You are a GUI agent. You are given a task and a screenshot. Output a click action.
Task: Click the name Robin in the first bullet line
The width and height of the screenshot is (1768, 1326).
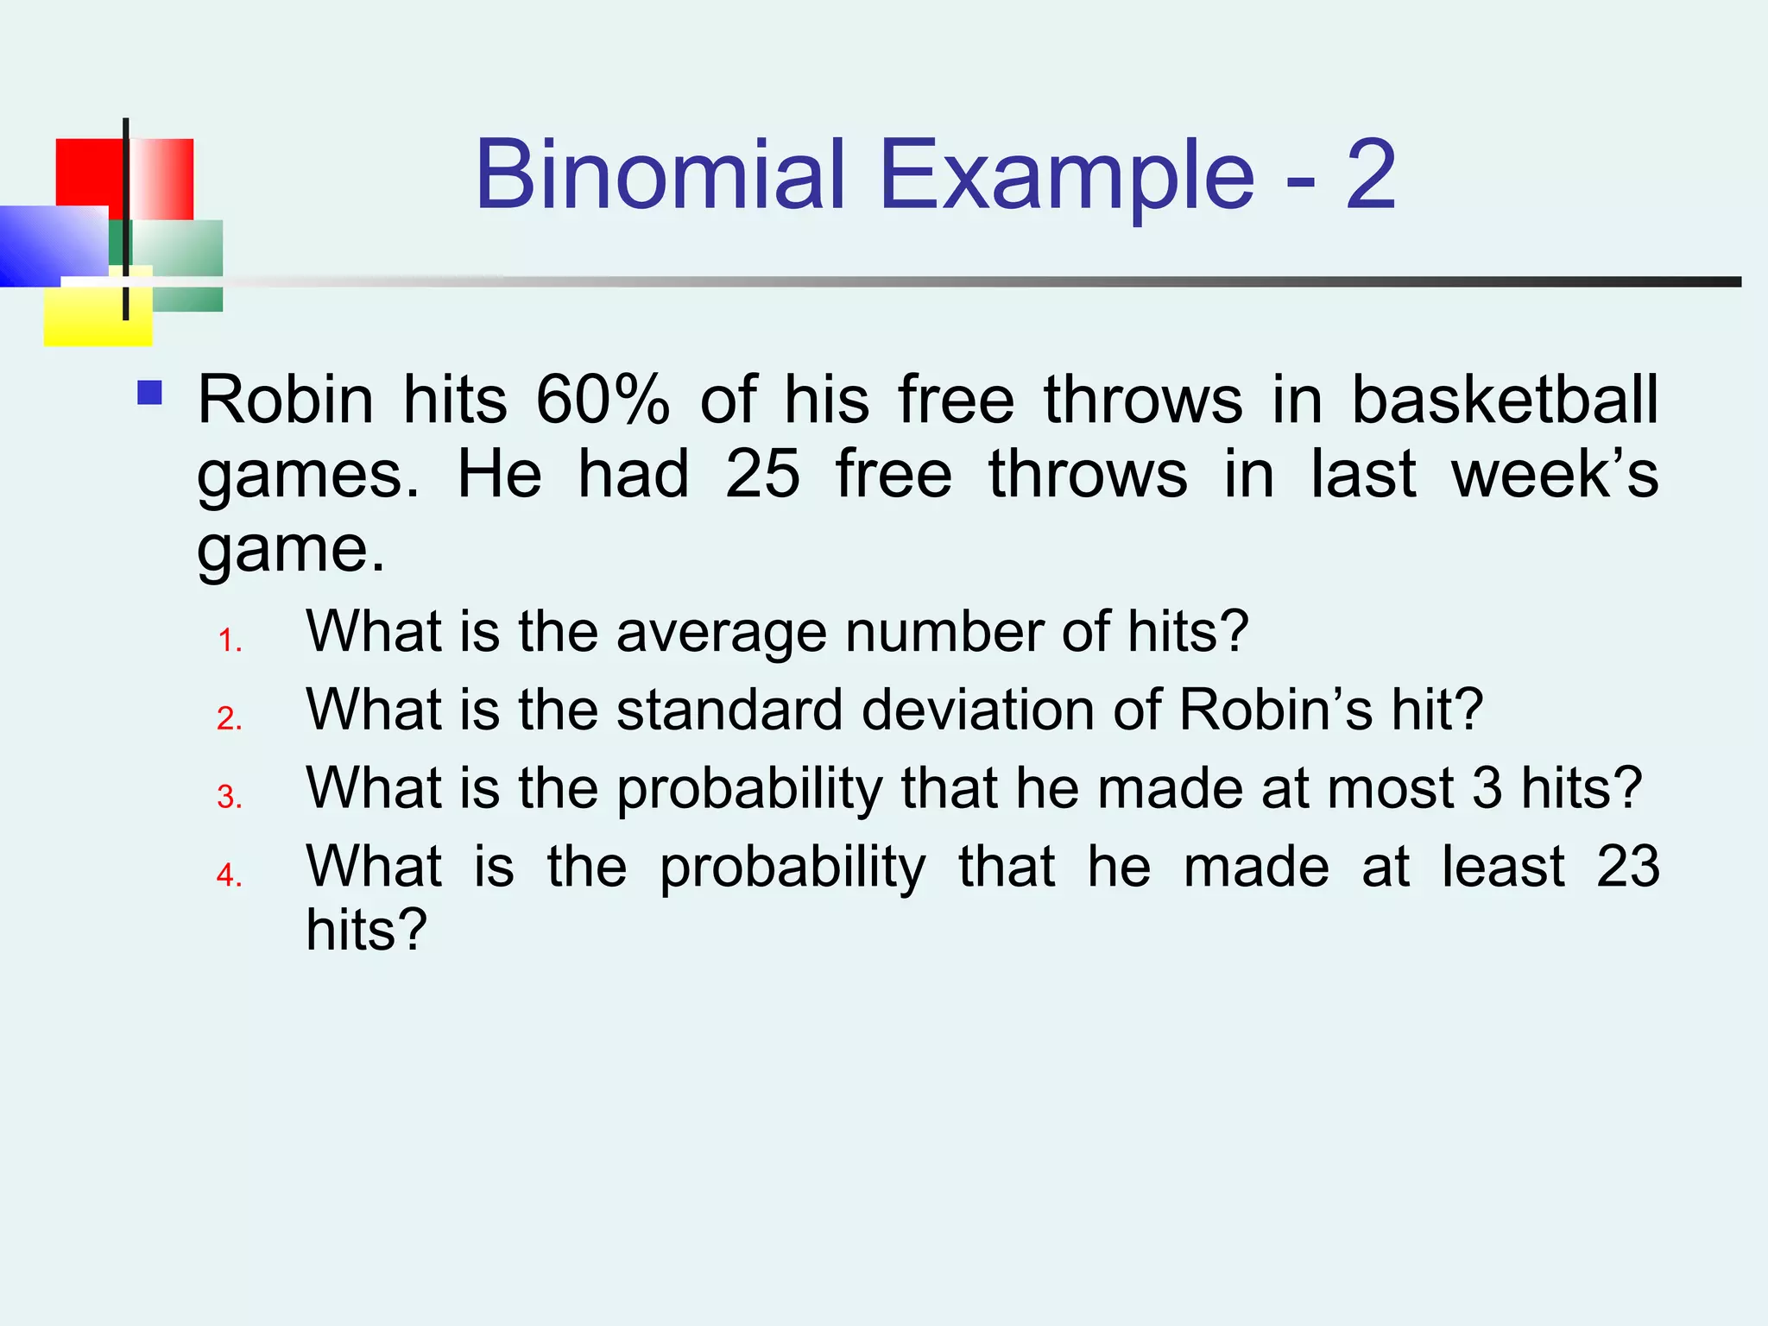point(286,400)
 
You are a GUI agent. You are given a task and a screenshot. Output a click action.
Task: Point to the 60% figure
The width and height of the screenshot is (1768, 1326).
point(603,400)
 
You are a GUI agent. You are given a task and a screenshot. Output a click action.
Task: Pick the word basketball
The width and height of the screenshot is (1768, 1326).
point(1504,400)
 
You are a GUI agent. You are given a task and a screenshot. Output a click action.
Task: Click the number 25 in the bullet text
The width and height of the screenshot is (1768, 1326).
point(762,474)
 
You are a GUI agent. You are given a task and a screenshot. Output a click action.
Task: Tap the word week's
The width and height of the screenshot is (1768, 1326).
point(1554,474)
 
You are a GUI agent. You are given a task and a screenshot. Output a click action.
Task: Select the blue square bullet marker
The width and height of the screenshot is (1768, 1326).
point(150,394)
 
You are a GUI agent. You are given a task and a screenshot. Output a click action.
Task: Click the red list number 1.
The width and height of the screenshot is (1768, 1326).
point(229,641)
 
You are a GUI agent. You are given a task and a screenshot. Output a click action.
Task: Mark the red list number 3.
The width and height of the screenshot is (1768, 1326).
point(229,797)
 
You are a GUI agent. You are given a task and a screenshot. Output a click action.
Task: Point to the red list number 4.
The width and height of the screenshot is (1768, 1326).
point(229,875)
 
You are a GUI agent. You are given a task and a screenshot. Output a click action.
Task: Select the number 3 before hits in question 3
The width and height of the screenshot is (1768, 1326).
point(1487,788)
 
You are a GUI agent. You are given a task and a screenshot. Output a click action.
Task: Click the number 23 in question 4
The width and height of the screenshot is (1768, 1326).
point(1627,867)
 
